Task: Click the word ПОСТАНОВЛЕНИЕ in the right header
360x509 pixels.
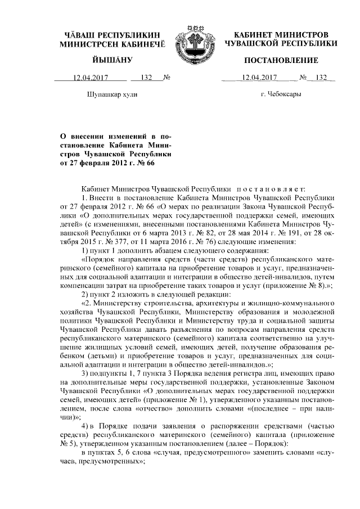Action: tap(280, 60)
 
